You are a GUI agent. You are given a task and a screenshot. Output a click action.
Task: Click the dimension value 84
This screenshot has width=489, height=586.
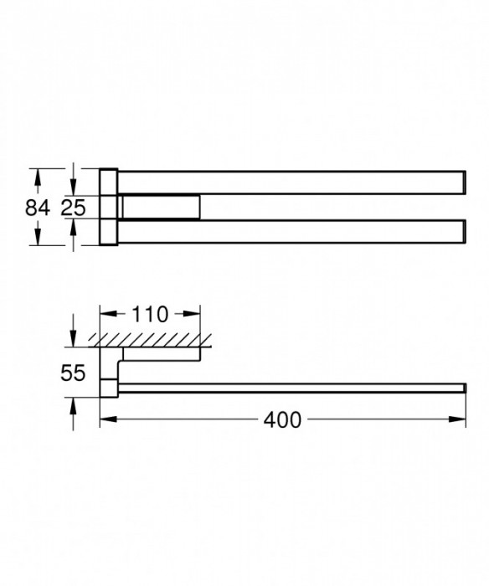38,208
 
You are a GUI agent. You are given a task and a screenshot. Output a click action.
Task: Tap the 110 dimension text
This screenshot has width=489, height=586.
151,315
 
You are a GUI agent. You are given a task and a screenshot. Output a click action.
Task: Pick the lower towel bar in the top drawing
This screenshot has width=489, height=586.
285,232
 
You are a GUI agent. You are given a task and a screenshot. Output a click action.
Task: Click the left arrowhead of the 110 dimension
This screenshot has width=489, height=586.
106,315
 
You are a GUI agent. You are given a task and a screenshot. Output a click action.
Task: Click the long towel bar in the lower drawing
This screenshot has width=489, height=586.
285,387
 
